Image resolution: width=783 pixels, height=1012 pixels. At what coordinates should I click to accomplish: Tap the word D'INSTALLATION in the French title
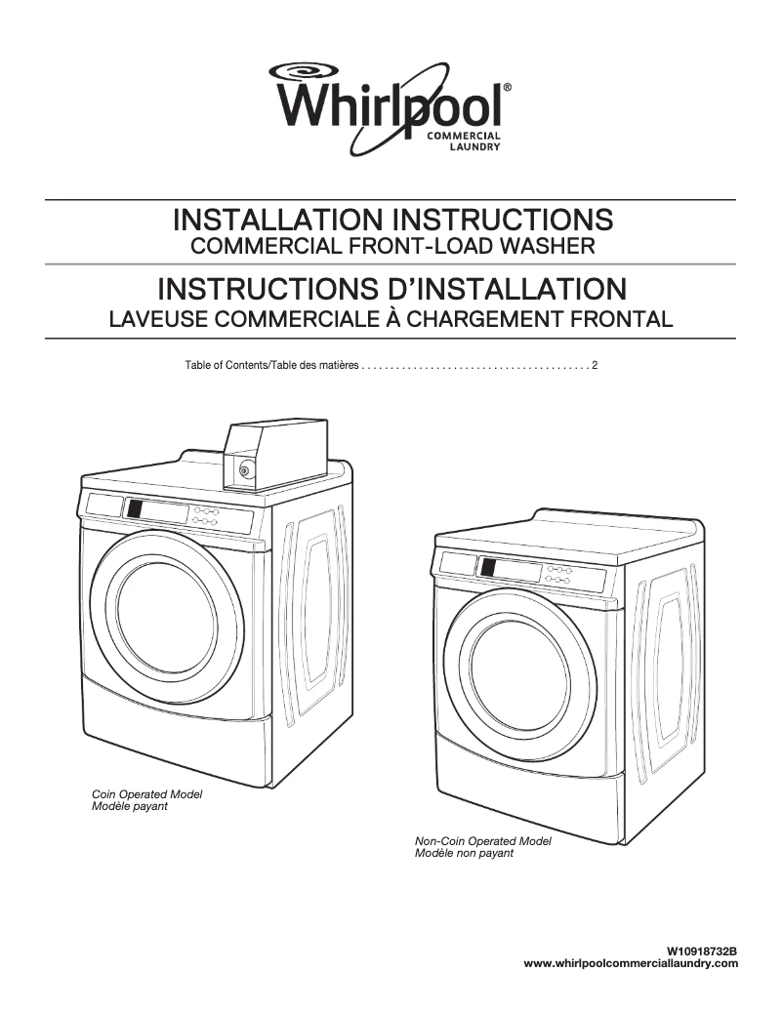click(x=509, y=289)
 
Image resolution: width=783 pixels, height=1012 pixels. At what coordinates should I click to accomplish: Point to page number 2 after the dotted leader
click(x=595, y=365)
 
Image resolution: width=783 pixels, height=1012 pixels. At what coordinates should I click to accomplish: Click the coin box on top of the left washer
click(x=274, y=452)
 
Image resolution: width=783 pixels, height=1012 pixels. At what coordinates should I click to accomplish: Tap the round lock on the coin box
click(x=244, y=469)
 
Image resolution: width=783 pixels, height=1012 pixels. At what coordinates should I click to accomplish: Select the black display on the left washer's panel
click(x=135, y=509)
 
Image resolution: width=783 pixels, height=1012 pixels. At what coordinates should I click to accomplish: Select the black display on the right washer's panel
click(x=487, y=568)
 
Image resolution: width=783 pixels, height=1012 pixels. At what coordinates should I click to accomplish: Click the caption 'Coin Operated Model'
click(x=146, y=794)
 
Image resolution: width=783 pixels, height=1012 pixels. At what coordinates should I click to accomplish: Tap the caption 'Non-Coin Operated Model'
click(x=483, y=841)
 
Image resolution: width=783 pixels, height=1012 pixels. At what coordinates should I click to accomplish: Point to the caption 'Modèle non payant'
click(x=464, y=853)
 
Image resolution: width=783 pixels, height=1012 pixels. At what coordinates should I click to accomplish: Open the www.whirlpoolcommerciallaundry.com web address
click(x=632, y=963)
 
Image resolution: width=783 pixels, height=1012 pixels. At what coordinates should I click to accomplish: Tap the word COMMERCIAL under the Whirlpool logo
click(x=465, y=136)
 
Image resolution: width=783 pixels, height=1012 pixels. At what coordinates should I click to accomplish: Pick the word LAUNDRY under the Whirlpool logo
click(x=474, y=147)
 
